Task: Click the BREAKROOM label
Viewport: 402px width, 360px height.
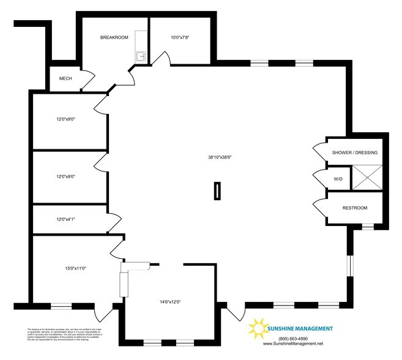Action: (114, 38)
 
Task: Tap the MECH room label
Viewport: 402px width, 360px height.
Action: (65, 79)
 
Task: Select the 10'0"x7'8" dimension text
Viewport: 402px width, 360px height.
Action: (180, 38)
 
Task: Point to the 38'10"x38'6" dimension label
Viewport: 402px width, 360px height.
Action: (219, 157)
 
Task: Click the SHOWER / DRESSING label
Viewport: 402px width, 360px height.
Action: (354, 152)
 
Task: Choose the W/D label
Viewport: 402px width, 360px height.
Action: (338, 179)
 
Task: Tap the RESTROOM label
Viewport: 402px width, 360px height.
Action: (355, 208)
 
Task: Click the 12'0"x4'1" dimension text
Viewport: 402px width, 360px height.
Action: (65, 219)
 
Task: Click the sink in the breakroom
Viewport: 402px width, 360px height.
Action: (141, 56)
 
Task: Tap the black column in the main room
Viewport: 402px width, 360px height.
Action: (216, 191)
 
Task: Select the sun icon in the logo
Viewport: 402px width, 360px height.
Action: (257, 329)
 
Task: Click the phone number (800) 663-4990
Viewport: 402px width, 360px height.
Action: (292, 339)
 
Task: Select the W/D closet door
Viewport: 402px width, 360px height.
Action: (319, 179)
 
